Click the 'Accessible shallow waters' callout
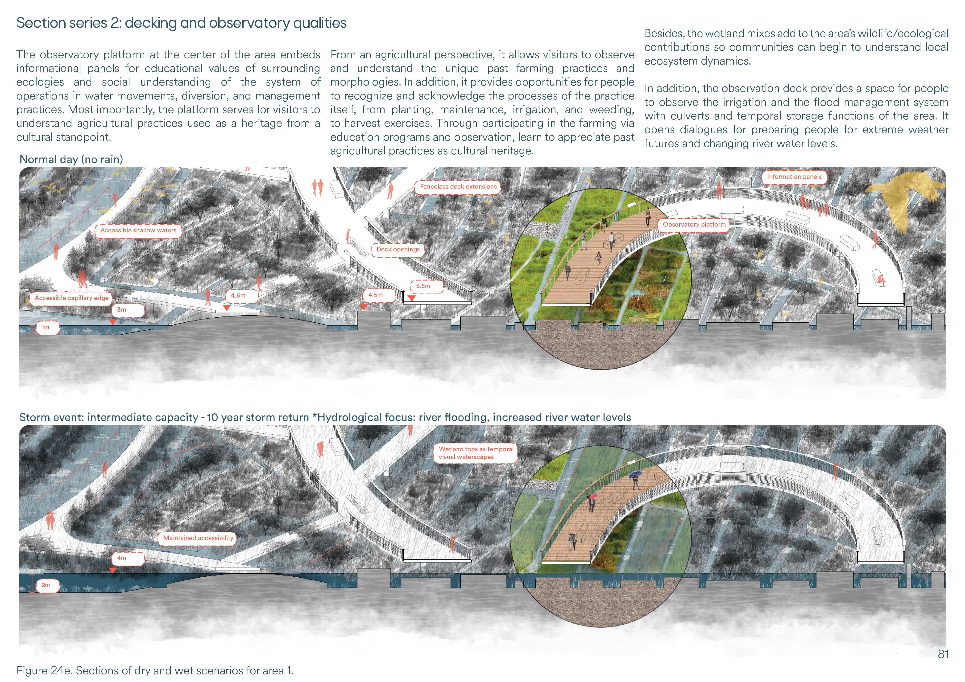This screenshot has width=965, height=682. [138, 230]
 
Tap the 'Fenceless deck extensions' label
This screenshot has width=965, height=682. [458, 187]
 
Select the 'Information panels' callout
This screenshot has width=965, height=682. [794, 177]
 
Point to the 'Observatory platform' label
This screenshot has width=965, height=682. [694, 224]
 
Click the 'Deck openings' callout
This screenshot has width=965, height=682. [398, 249]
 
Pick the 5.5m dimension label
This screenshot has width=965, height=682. [423, 286]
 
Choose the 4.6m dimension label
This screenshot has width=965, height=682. [238, 296]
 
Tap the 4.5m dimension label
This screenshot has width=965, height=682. [375, 295]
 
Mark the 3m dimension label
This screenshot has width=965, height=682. [121, 310]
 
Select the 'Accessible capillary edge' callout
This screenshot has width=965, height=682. [71, 298]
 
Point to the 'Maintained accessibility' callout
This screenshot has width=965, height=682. [198, 538]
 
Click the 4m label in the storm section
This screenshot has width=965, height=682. [121, 558]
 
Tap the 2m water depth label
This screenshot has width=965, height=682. [46, 585]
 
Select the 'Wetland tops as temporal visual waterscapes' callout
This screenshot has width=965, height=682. [476, 453]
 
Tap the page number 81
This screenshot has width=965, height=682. [943, 654]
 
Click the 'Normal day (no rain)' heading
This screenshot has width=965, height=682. [71, 159]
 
